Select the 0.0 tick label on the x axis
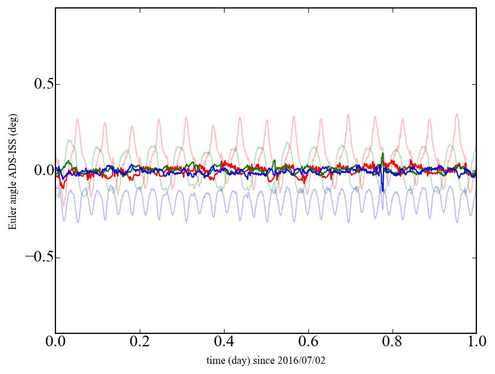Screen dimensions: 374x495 pos(55,343)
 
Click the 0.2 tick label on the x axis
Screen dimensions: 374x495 pos(140,343)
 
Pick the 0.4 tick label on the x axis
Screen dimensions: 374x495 pos(224,343)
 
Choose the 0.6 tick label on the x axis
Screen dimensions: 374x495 pos(308,343)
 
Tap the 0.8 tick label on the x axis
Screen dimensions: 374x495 pos(392,343)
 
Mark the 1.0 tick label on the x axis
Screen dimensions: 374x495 pos(476,343)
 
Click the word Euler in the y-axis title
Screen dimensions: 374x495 pos(12,219)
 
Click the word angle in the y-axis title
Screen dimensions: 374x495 pos(12,193)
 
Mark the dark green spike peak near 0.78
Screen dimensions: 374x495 pos(383,154)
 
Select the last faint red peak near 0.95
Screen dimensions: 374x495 pos(457,115)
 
